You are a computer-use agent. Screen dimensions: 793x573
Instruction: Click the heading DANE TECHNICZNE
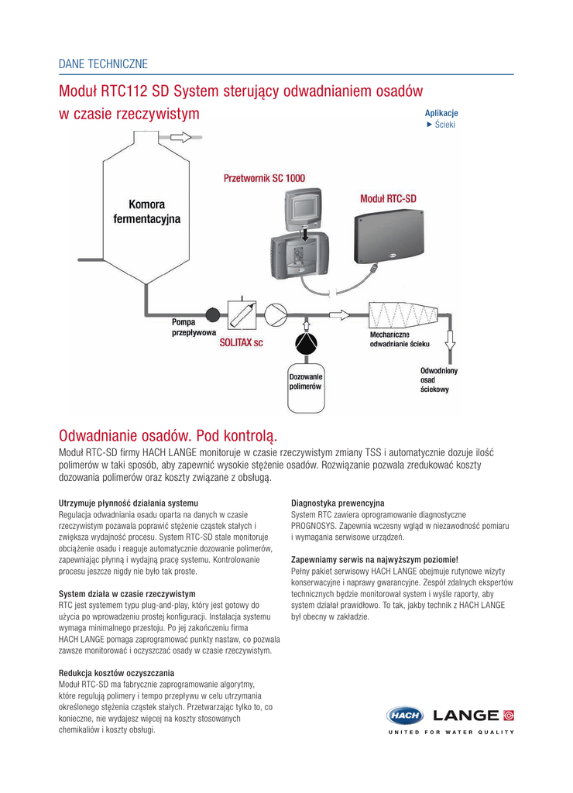(103, 64)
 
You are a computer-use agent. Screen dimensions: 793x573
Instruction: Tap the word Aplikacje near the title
(441, 113)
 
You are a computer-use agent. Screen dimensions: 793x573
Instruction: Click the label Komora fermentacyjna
(146, 212)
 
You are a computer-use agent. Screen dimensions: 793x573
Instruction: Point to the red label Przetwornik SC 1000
(264, 178)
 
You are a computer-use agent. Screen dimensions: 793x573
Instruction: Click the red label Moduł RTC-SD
(388, 199)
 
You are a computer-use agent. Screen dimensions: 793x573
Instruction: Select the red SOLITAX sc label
(241, 342)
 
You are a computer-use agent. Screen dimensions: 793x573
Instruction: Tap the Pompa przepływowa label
(194, 327)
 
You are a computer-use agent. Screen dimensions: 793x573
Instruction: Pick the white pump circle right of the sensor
(276, 315)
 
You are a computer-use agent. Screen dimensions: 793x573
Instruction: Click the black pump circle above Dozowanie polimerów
(307, 343)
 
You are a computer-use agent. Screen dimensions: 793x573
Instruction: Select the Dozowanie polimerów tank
(306, 381)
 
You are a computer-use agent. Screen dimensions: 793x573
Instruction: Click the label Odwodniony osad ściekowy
(438, 379)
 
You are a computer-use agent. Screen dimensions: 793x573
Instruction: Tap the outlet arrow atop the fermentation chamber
(180, 137)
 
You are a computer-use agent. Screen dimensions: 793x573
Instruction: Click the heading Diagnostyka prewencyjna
(337, 503)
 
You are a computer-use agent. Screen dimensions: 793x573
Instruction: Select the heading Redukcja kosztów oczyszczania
(116, 673)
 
